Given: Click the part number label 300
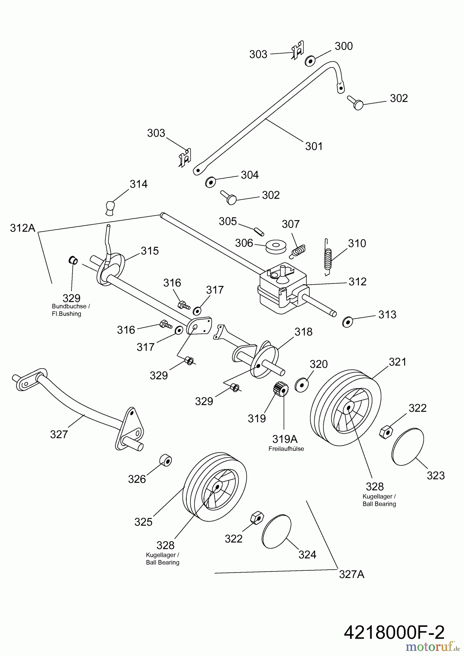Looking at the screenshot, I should (x=344, y=46).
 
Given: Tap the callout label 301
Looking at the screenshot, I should (x=314, y=146).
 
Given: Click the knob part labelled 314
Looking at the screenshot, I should (x=110, y=207).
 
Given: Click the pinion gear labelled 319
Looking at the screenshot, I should (x=279, y=390).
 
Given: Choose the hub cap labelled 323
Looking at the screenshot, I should (x=408, y=446).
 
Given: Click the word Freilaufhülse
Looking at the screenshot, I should (x=286, y=449).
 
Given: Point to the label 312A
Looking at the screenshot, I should (x=23, y=228).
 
